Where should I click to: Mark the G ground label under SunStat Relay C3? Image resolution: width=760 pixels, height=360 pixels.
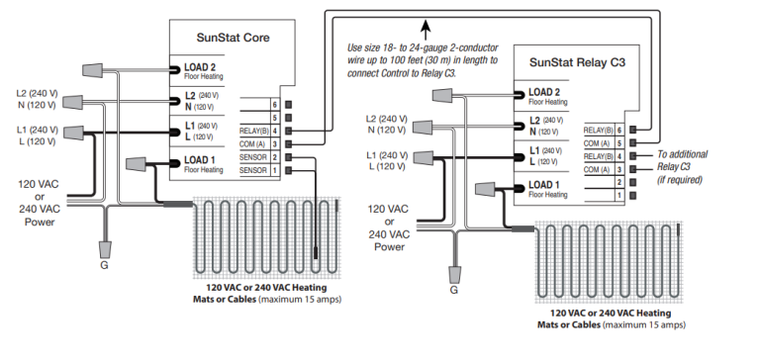(453, 291)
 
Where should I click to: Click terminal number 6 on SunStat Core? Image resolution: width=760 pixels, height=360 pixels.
(274, 103)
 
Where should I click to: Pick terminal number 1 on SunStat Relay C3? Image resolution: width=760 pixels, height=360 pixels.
(619, 196)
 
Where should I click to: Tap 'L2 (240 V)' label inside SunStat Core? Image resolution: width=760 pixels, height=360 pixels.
(203, 95)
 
